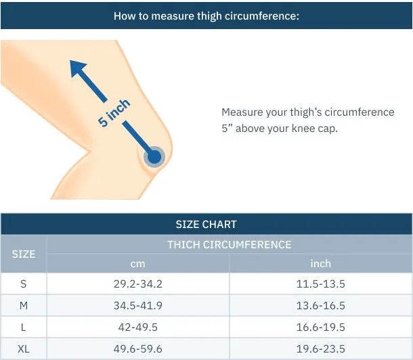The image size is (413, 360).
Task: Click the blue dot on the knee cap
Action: [x=154, y=157]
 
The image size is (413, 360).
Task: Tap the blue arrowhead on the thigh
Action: [x=77, y=68]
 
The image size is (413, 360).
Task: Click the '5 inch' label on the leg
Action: [x=114, y=114]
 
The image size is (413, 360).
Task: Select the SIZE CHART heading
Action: [x=206, y=225]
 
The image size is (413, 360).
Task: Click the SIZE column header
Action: [x=24, y=254]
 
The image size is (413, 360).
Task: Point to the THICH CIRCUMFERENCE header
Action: [x=230, y=245]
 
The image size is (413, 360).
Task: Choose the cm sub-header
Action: [x=137, y=264]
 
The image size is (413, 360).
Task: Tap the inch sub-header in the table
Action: [x=320, y=263]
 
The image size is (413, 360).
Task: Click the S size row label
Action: [x=24, y=284]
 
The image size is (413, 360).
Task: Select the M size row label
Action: [x=24, y=306]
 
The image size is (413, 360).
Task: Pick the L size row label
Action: [x=24, y=328]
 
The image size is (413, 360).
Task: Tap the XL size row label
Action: [x=24, y=349]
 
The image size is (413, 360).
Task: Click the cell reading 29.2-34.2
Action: [x=137, y=284]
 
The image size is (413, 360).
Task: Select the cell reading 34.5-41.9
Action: [x=137, y=306]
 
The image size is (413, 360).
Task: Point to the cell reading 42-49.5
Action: [x=137, y=328]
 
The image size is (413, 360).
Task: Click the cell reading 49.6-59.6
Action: [x=137, y=349]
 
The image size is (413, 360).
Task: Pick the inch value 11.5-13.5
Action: [x=320, y=284]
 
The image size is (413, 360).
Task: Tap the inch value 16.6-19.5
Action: [x=320, y=328]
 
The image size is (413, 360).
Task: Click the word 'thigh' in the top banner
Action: [x=209, y=16]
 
